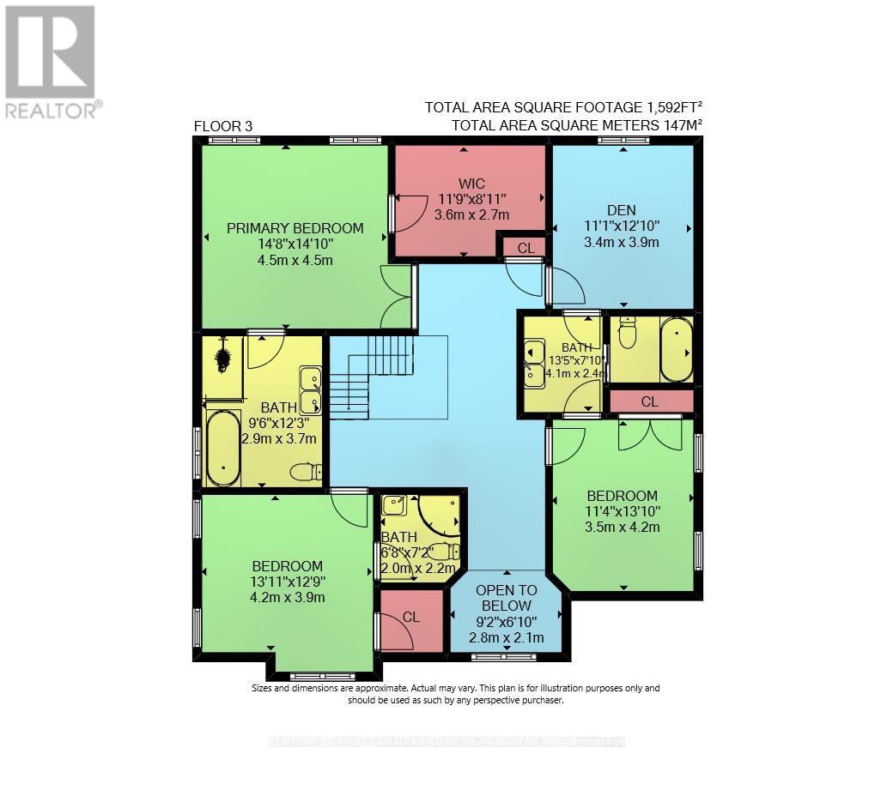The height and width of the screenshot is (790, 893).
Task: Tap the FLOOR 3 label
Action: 223,126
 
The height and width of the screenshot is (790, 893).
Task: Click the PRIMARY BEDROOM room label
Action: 295,228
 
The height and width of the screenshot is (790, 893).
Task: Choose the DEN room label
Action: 620,211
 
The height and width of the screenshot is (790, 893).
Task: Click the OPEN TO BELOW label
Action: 506,598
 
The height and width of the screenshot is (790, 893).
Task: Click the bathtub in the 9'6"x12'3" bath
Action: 223,448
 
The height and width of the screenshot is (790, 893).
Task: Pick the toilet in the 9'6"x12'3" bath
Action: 306,471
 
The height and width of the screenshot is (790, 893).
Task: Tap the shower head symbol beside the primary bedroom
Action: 223,354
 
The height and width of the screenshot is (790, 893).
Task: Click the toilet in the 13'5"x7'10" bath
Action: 628,334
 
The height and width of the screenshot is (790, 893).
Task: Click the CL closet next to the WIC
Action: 525,247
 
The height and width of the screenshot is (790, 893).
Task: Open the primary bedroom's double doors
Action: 397,296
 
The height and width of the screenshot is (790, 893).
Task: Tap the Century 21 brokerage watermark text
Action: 446,741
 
